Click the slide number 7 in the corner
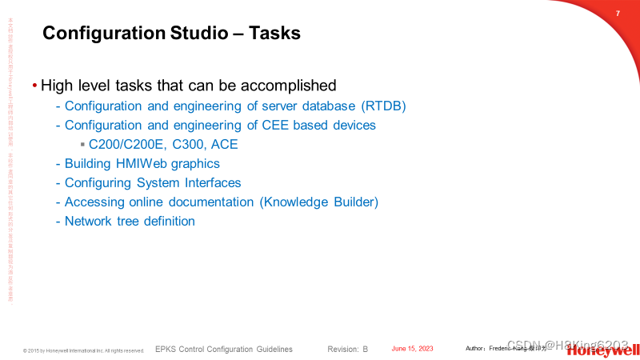pyautogui.click(x=618, y=14)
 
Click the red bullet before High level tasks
pyautogui.click(x=34, y=85)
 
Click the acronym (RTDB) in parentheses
pyautogui.click(x=384, y=106)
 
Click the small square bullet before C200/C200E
pyautogui.click(x=82, y=144)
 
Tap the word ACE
pyautogui.click(x=224, y=145)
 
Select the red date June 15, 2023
pyautogui.click(x=412, y=349)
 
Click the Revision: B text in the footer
pyautogui.click(x=348, y=350)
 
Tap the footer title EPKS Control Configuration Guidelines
pyautogui.click(x=223, y=350)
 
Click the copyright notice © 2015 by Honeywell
pyautogui.click(x=83, y=350)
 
